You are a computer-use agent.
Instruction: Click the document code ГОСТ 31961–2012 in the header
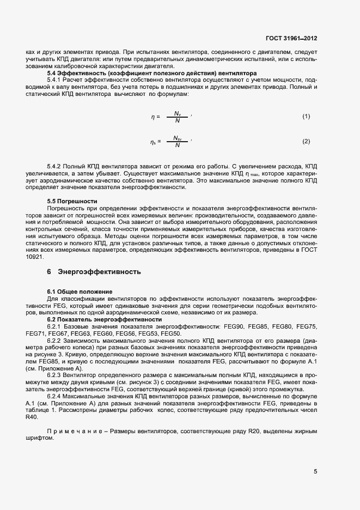pyautogui.click(x=291, y=39)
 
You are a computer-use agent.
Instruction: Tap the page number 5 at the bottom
pyautogui.click(x=315, y=472)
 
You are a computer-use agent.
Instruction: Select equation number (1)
pyautogui.click(x=306, y=117)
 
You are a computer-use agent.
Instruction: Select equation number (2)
pyautogui.click(x=306, y=142)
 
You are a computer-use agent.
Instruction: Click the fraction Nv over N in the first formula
pyautogui.click(x=177, y=117)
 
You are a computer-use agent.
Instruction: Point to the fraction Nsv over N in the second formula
pyautogui.click(x=177, y=142)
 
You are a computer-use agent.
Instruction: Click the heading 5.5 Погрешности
pyautogui.click(x=72, y=201)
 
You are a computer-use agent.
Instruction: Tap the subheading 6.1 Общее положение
pyautogui.click(x=80, y=292)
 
